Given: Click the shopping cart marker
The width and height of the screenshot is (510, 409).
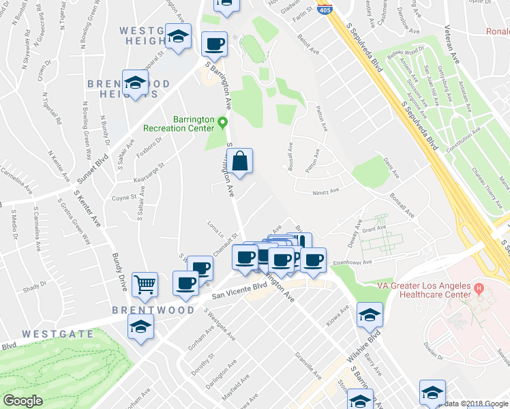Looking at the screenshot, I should [145, 285].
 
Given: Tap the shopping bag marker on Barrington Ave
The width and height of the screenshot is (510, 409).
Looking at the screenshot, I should [239, 162].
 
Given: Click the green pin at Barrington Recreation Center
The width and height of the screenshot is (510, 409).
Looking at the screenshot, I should [222, 123].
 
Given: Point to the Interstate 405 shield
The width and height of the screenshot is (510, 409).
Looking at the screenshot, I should [325, 10].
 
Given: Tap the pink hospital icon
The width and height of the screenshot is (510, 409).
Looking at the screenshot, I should [479, 289].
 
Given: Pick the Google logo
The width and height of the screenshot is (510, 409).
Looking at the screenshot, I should [22, 401].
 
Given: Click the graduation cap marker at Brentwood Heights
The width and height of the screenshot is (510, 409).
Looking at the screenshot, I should [135, 83].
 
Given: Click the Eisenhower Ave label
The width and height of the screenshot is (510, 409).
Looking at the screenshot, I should [352, 261].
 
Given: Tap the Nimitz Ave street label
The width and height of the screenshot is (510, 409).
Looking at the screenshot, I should [325, 193].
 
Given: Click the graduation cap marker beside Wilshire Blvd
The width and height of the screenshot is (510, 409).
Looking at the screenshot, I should [370, 314].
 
